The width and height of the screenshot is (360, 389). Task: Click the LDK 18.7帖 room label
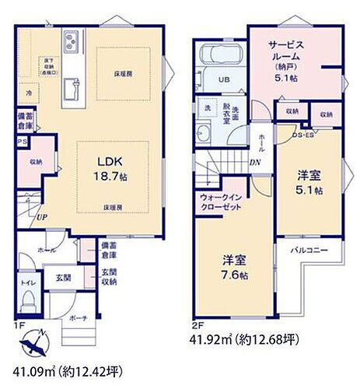coord(109,167)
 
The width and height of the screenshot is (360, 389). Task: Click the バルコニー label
coord(309,251)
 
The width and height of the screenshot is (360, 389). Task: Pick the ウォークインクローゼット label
coord(218,202)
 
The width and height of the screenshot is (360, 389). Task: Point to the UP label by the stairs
coord(39,217)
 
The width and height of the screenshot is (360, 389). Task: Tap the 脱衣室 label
coord(226,109)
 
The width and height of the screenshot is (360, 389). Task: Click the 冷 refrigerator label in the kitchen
coord(29,91)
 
